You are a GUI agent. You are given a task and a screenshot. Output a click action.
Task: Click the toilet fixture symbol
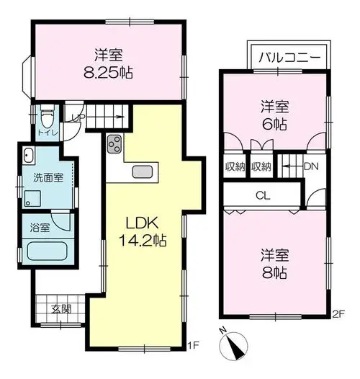[48, 117]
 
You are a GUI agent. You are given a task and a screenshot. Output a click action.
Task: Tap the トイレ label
[48, 133]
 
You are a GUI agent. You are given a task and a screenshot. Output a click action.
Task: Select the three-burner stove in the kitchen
[114, 144]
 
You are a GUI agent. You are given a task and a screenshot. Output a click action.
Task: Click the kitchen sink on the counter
[143, 172]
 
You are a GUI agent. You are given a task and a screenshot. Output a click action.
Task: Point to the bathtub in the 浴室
[47, 251]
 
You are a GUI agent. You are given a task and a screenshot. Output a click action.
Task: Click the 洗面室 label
[48, 178]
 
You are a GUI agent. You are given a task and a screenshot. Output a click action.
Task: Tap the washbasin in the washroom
[29, 156]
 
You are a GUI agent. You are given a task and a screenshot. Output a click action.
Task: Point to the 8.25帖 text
[109, 72]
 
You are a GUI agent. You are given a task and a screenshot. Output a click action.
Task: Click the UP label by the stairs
[78, 117]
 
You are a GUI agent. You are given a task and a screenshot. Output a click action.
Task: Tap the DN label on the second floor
[311, 166]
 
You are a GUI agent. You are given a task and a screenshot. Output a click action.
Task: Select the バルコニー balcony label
[289, 58]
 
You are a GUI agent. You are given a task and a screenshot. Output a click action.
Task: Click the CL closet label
[263, 195]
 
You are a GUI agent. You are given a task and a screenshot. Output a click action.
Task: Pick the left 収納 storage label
[235, 166]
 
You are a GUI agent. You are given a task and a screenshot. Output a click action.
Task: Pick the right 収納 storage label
[261, 166]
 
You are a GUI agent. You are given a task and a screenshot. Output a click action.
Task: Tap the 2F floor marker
[338, 314]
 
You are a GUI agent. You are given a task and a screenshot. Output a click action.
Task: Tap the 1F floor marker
[193, 345]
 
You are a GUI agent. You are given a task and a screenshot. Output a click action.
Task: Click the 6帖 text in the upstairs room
[275, 125]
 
